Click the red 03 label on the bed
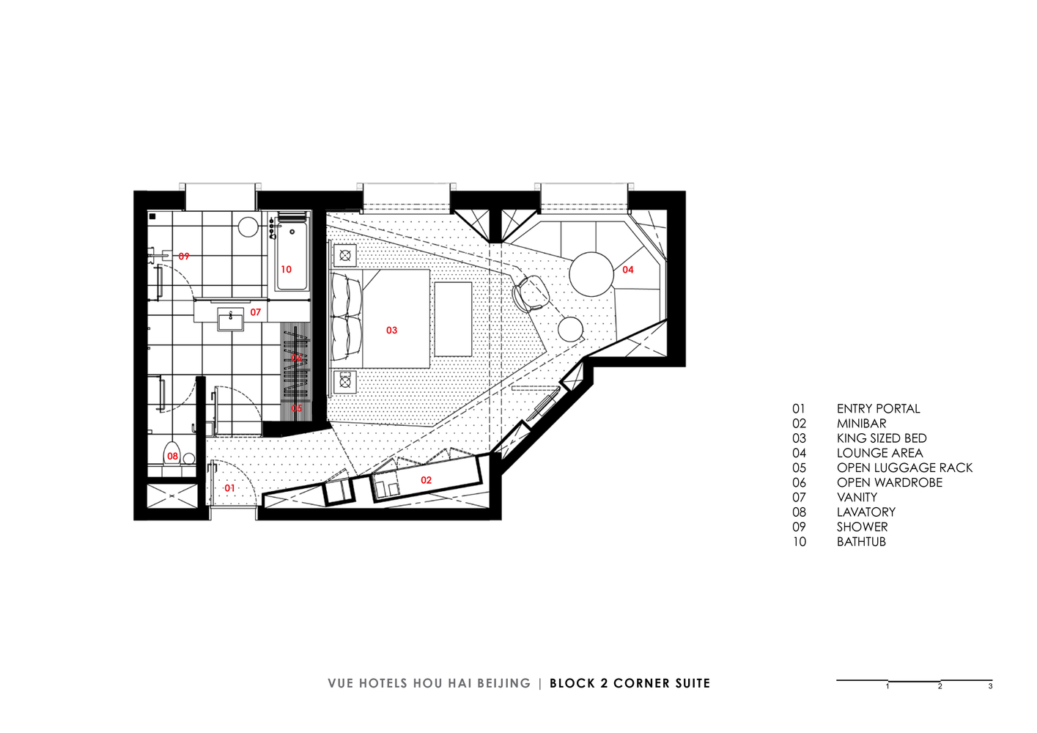point(391,331)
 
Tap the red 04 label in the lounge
point(627,270)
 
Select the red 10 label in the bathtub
point(286,269)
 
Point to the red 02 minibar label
point(426,480)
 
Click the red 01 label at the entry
point(229,488)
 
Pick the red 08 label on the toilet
point(172,456)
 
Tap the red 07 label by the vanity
point(255,312)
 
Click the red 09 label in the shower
point(183,257)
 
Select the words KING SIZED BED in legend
point(882,438)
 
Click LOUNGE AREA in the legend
point(879,453)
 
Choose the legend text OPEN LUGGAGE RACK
point(904,468)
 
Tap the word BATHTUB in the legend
point(861,542)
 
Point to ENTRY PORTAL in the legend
point(878,409)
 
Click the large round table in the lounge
point(591,274)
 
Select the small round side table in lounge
point(570,329)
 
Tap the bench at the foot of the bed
point(453,319)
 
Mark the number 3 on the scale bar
point(990,687)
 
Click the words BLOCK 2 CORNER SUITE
point(630,683)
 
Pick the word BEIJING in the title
point(503,683)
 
